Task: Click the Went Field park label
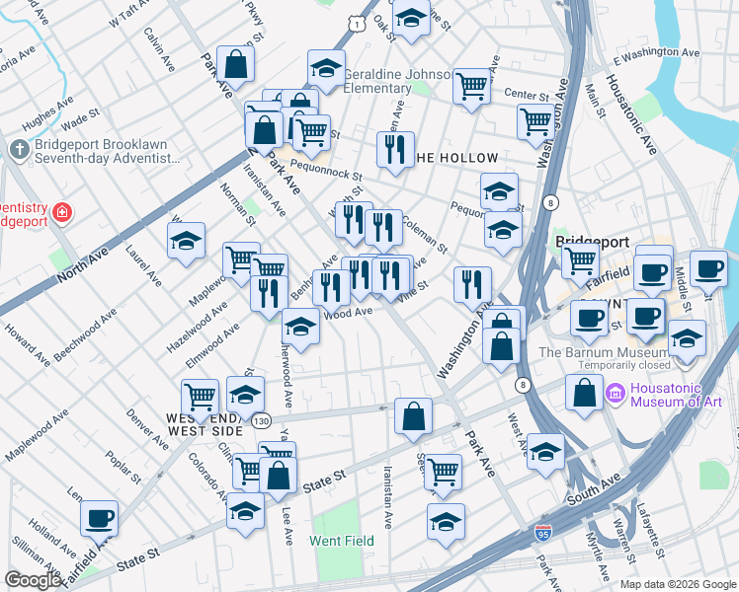click(341, 541)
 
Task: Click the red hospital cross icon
click(61, 211)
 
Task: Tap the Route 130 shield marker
click(261, 421)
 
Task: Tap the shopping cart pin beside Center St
click(472, 86)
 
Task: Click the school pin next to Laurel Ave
click(186, 242)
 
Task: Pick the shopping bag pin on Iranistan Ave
click(412, 415)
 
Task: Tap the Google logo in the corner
click(34, 580)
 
